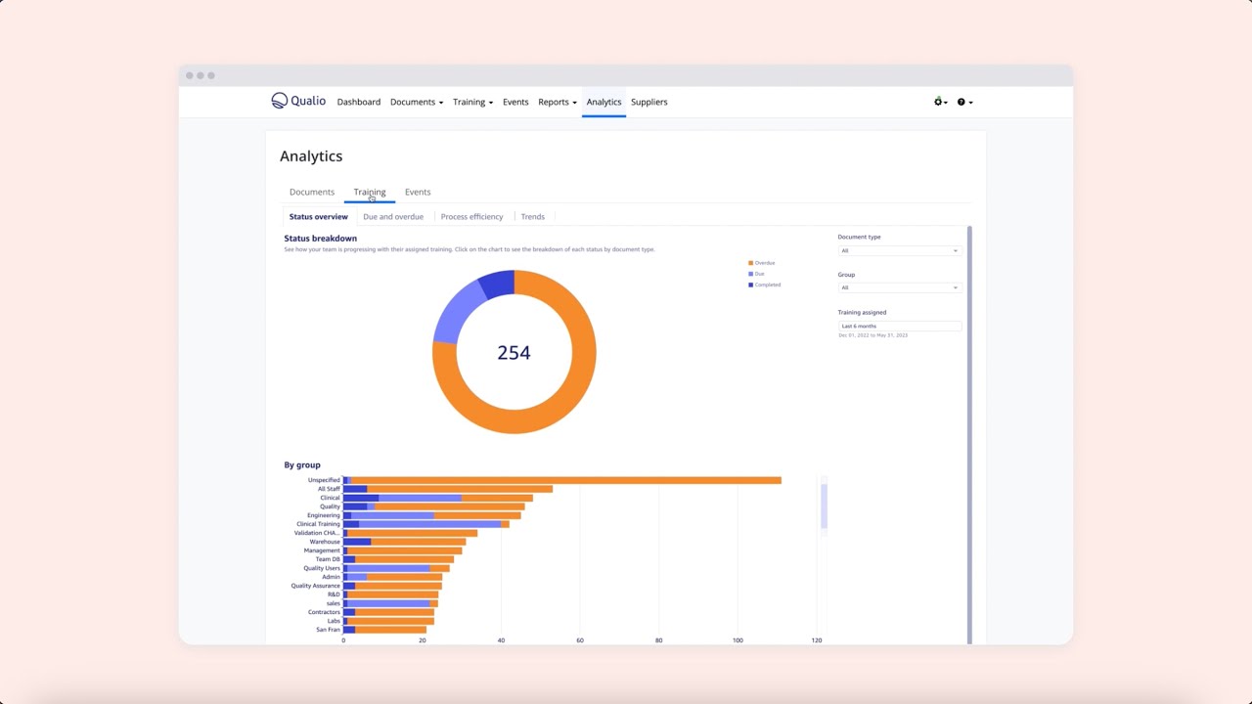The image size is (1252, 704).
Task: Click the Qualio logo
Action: (298, 101)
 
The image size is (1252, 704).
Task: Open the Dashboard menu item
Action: (359, 102)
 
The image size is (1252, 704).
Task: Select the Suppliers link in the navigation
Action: (648, 102)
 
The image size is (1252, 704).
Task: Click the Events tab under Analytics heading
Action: (418, 192)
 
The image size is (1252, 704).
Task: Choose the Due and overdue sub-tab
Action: (393, 217)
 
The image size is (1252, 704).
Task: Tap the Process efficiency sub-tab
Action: (471, 217)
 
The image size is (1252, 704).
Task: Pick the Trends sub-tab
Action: (533, 217)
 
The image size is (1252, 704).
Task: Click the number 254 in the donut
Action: (514, 353)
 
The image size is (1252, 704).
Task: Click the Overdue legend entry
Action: (764, 263)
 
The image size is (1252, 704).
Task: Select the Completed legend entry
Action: (767, 285)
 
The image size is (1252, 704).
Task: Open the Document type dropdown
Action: (899, 251)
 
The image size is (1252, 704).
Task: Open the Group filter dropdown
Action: (899, 287)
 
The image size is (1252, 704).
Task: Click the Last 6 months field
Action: (899, 326)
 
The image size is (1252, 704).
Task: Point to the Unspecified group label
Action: (324, 480)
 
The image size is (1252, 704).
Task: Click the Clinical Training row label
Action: (318, 524)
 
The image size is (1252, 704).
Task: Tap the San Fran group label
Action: (328, 630)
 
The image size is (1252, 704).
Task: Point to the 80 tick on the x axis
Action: (659, 640)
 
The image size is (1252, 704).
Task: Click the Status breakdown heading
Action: (320, 239)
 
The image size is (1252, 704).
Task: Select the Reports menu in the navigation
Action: (557, 102)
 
